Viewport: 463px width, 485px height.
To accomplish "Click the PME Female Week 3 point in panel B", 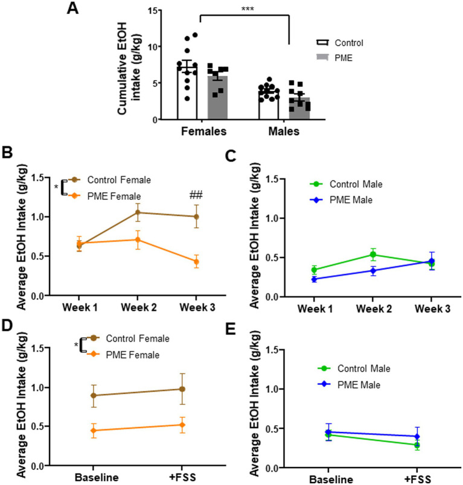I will [x=194, y=261].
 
